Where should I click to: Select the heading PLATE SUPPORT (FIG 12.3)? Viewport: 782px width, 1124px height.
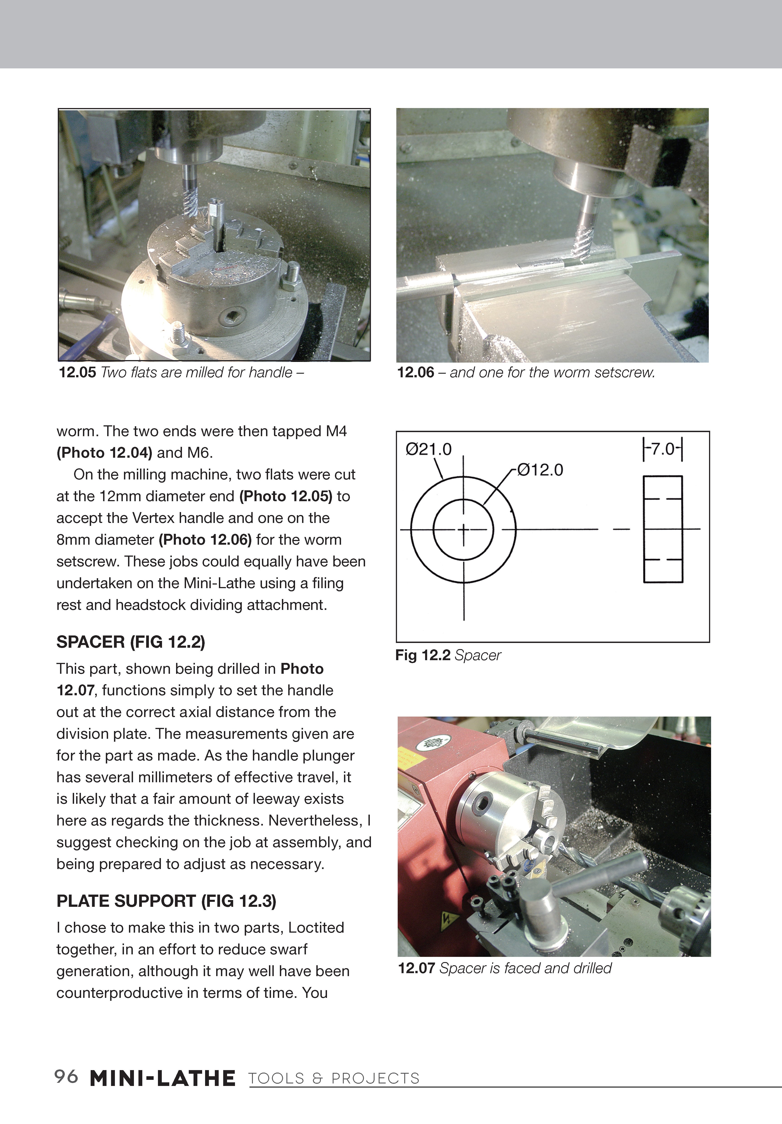(167, 901)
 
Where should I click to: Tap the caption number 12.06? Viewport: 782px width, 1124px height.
(415, 373)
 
